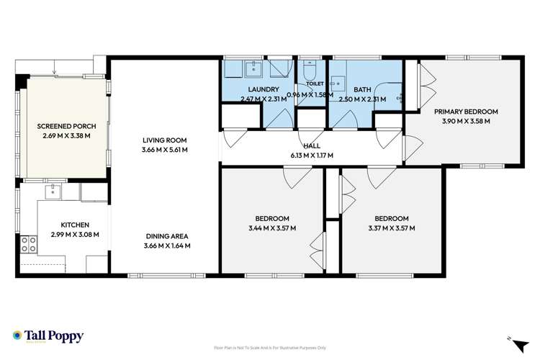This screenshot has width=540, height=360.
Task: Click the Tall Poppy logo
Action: click(48, 336)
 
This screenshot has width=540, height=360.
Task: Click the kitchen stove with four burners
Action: click(29, 245)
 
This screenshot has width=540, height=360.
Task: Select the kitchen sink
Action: click(53, 192)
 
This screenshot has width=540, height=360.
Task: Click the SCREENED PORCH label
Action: click(66, 125)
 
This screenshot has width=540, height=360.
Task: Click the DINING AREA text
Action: click(165, 235)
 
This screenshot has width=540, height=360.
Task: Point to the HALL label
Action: click(312, 145)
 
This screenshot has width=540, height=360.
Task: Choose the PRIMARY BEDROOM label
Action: click(466, 112)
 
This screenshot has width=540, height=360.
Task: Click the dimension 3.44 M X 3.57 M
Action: click(271, 228)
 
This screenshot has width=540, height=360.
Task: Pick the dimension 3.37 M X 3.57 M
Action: click(391, 228)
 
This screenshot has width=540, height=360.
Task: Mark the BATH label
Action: click(363, 89)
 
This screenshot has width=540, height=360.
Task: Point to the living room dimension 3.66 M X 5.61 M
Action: click(165, 150)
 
